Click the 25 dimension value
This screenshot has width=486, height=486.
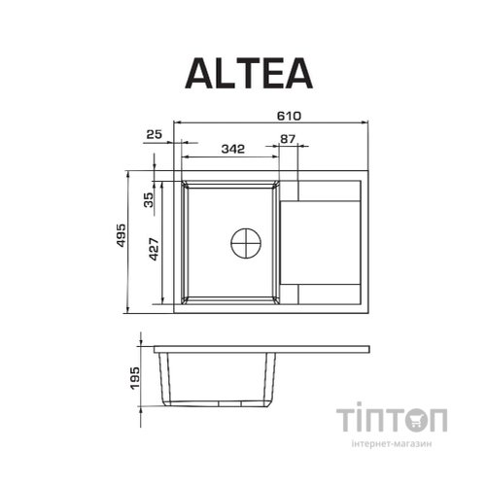154,133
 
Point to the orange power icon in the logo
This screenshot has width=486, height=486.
418,422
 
